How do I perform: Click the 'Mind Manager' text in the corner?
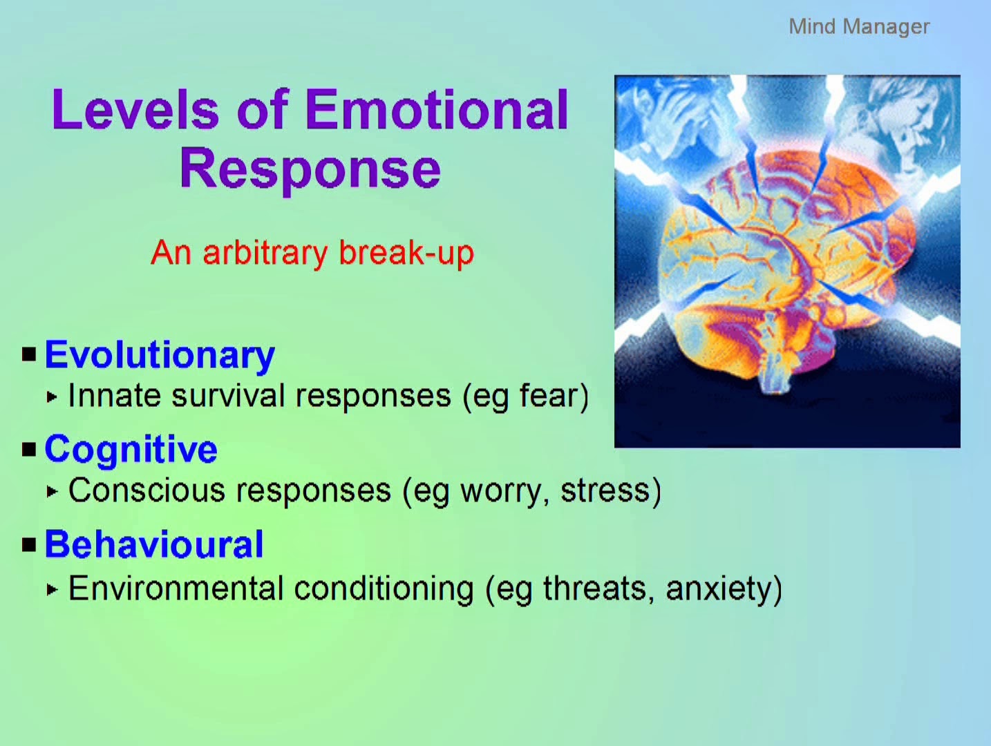859,27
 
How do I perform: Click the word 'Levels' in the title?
135,109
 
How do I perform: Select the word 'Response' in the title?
310,169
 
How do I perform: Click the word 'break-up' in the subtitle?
406,253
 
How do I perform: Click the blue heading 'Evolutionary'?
160,355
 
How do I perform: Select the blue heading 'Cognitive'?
131,450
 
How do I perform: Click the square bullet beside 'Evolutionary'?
29,354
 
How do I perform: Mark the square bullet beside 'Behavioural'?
29,545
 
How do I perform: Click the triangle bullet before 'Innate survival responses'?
53,397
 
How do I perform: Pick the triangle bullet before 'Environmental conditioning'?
53,589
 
